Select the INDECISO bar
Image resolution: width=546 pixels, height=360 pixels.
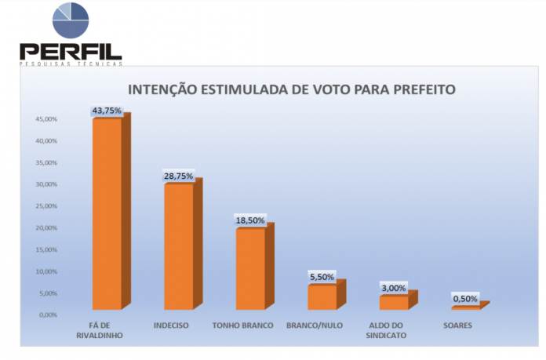178,245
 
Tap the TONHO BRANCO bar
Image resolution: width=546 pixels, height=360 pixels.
250,267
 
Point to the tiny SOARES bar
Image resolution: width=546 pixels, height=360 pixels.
465,307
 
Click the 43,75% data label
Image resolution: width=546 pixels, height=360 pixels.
107,111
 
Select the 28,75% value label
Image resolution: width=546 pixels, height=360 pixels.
178,176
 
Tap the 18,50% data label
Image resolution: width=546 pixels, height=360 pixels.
250,220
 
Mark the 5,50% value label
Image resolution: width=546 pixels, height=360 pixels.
322,277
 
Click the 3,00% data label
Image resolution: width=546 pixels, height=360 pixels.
394,288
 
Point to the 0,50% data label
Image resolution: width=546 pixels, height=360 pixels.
465,299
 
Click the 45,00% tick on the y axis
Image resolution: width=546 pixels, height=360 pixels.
46,119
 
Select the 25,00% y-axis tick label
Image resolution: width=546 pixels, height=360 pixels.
46,206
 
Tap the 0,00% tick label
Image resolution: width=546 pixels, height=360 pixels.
48,315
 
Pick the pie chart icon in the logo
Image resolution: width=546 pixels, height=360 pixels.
70,20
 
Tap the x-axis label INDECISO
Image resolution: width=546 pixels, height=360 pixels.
171,325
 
